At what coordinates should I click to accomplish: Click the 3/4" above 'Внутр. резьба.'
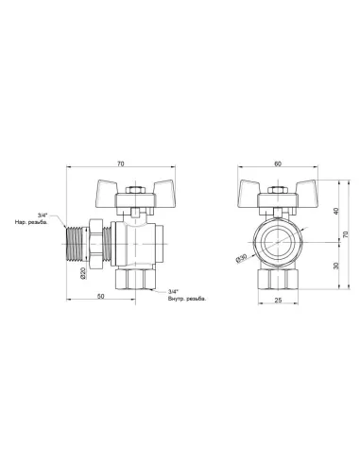(x=172, y=290)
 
